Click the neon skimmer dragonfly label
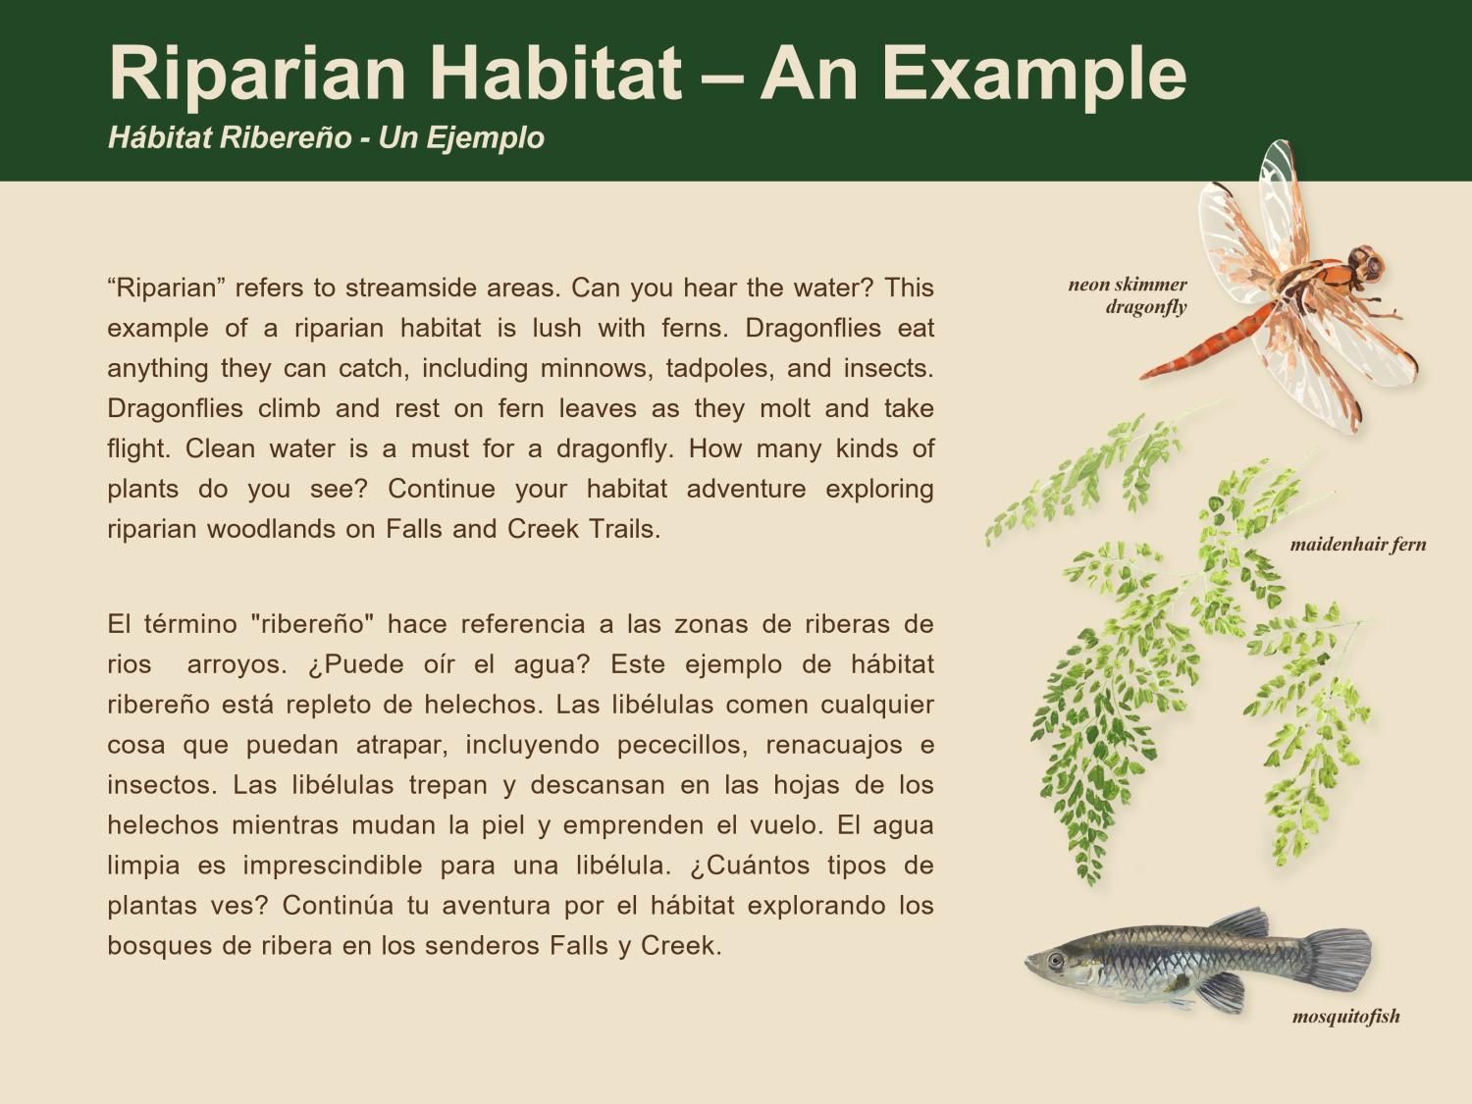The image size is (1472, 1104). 1129,295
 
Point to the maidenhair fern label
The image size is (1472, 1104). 1358,545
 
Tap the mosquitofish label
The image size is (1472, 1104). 1345,1017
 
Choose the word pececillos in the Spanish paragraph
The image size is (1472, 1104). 676,745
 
